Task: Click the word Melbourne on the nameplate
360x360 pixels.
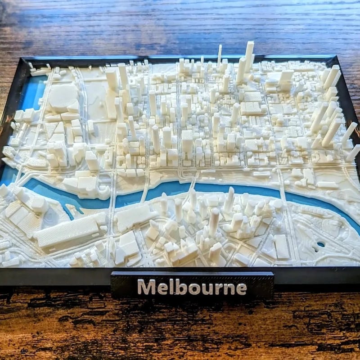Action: (x=192, y=287)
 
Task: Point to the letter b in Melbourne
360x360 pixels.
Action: (x=181, y=287)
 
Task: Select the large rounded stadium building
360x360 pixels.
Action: (x=63, y=97)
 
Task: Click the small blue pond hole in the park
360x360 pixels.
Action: (x=320, y=244)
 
